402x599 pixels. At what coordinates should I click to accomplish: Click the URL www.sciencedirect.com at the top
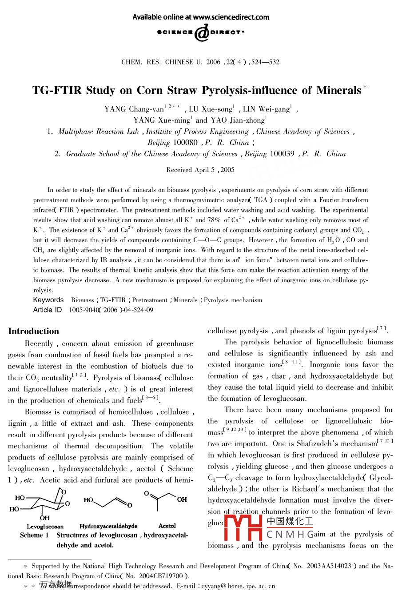tap(231, 17)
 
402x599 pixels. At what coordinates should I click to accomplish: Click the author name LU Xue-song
tap(211, 109)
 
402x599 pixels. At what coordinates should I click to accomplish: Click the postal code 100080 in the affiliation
tap(185, 143)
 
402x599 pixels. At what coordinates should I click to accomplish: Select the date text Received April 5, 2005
tap(200, 170)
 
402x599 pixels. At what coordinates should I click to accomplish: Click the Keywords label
tap(48, 300)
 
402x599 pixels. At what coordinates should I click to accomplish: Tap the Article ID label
tap(48, 310)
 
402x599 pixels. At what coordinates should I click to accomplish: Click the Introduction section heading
tap(33, 331)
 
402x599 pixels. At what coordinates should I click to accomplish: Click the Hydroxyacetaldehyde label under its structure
tap(108, 526)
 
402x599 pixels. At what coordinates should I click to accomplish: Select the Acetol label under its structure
tap(167, 526)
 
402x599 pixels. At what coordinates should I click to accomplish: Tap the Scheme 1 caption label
tap(34, 535)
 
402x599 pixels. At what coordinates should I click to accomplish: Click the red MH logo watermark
tap(244, 527)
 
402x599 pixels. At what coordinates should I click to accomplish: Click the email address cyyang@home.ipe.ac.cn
tap(238, 586)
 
